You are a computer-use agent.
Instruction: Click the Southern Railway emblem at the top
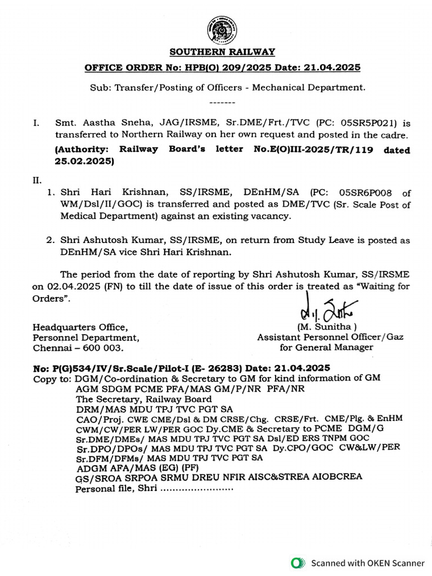(x=222, y=29)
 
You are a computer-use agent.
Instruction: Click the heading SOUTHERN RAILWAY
(x=222, y=52)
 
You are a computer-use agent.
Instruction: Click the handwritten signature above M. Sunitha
(x=325, y=311)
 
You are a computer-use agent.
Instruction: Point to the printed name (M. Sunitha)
(x=326, y=327)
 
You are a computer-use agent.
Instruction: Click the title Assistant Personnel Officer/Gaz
(x=330, y=337)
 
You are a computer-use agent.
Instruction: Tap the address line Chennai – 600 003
(x=78, y=348)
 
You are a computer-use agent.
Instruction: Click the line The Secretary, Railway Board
(x=144, y=398)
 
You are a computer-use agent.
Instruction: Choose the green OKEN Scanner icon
(x=296, y=562)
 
